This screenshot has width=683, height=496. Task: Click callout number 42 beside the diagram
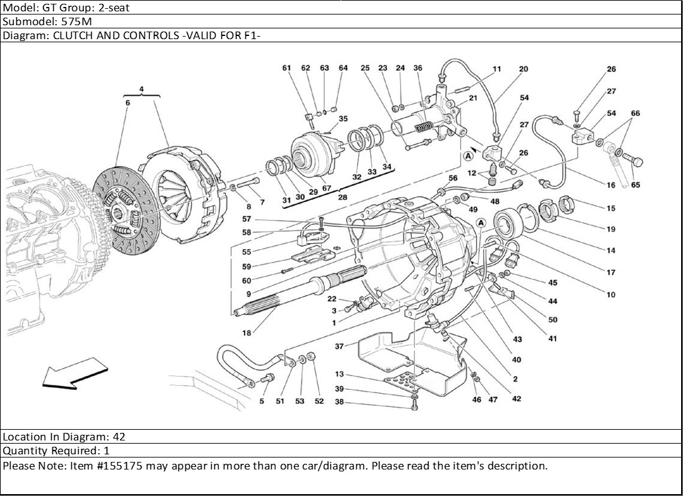tap(517, 399)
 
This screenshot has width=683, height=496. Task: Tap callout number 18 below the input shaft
tap(246, 333)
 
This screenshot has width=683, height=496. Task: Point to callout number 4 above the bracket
tap(141, 89)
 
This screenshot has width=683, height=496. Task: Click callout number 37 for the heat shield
tap(339, 346)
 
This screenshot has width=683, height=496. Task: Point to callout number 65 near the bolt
tap(635, 186)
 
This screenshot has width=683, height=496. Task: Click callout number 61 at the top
tap(287, 68)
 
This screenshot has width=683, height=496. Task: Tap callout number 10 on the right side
tap(610, 295)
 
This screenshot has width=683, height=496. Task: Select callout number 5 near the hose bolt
tap(261, 401)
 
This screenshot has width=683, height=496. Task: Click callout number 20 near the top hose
tap(523, 69)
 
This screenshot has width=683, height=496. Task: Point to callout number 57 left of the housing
tap(247, 219)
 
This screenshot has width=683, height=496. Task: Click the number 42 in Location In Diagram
tap(119, 437)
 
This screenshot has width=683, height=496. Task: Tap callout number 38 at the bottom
tap(339, 402)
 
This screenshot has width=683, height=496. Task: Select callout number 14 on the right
tap(610, 251)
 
